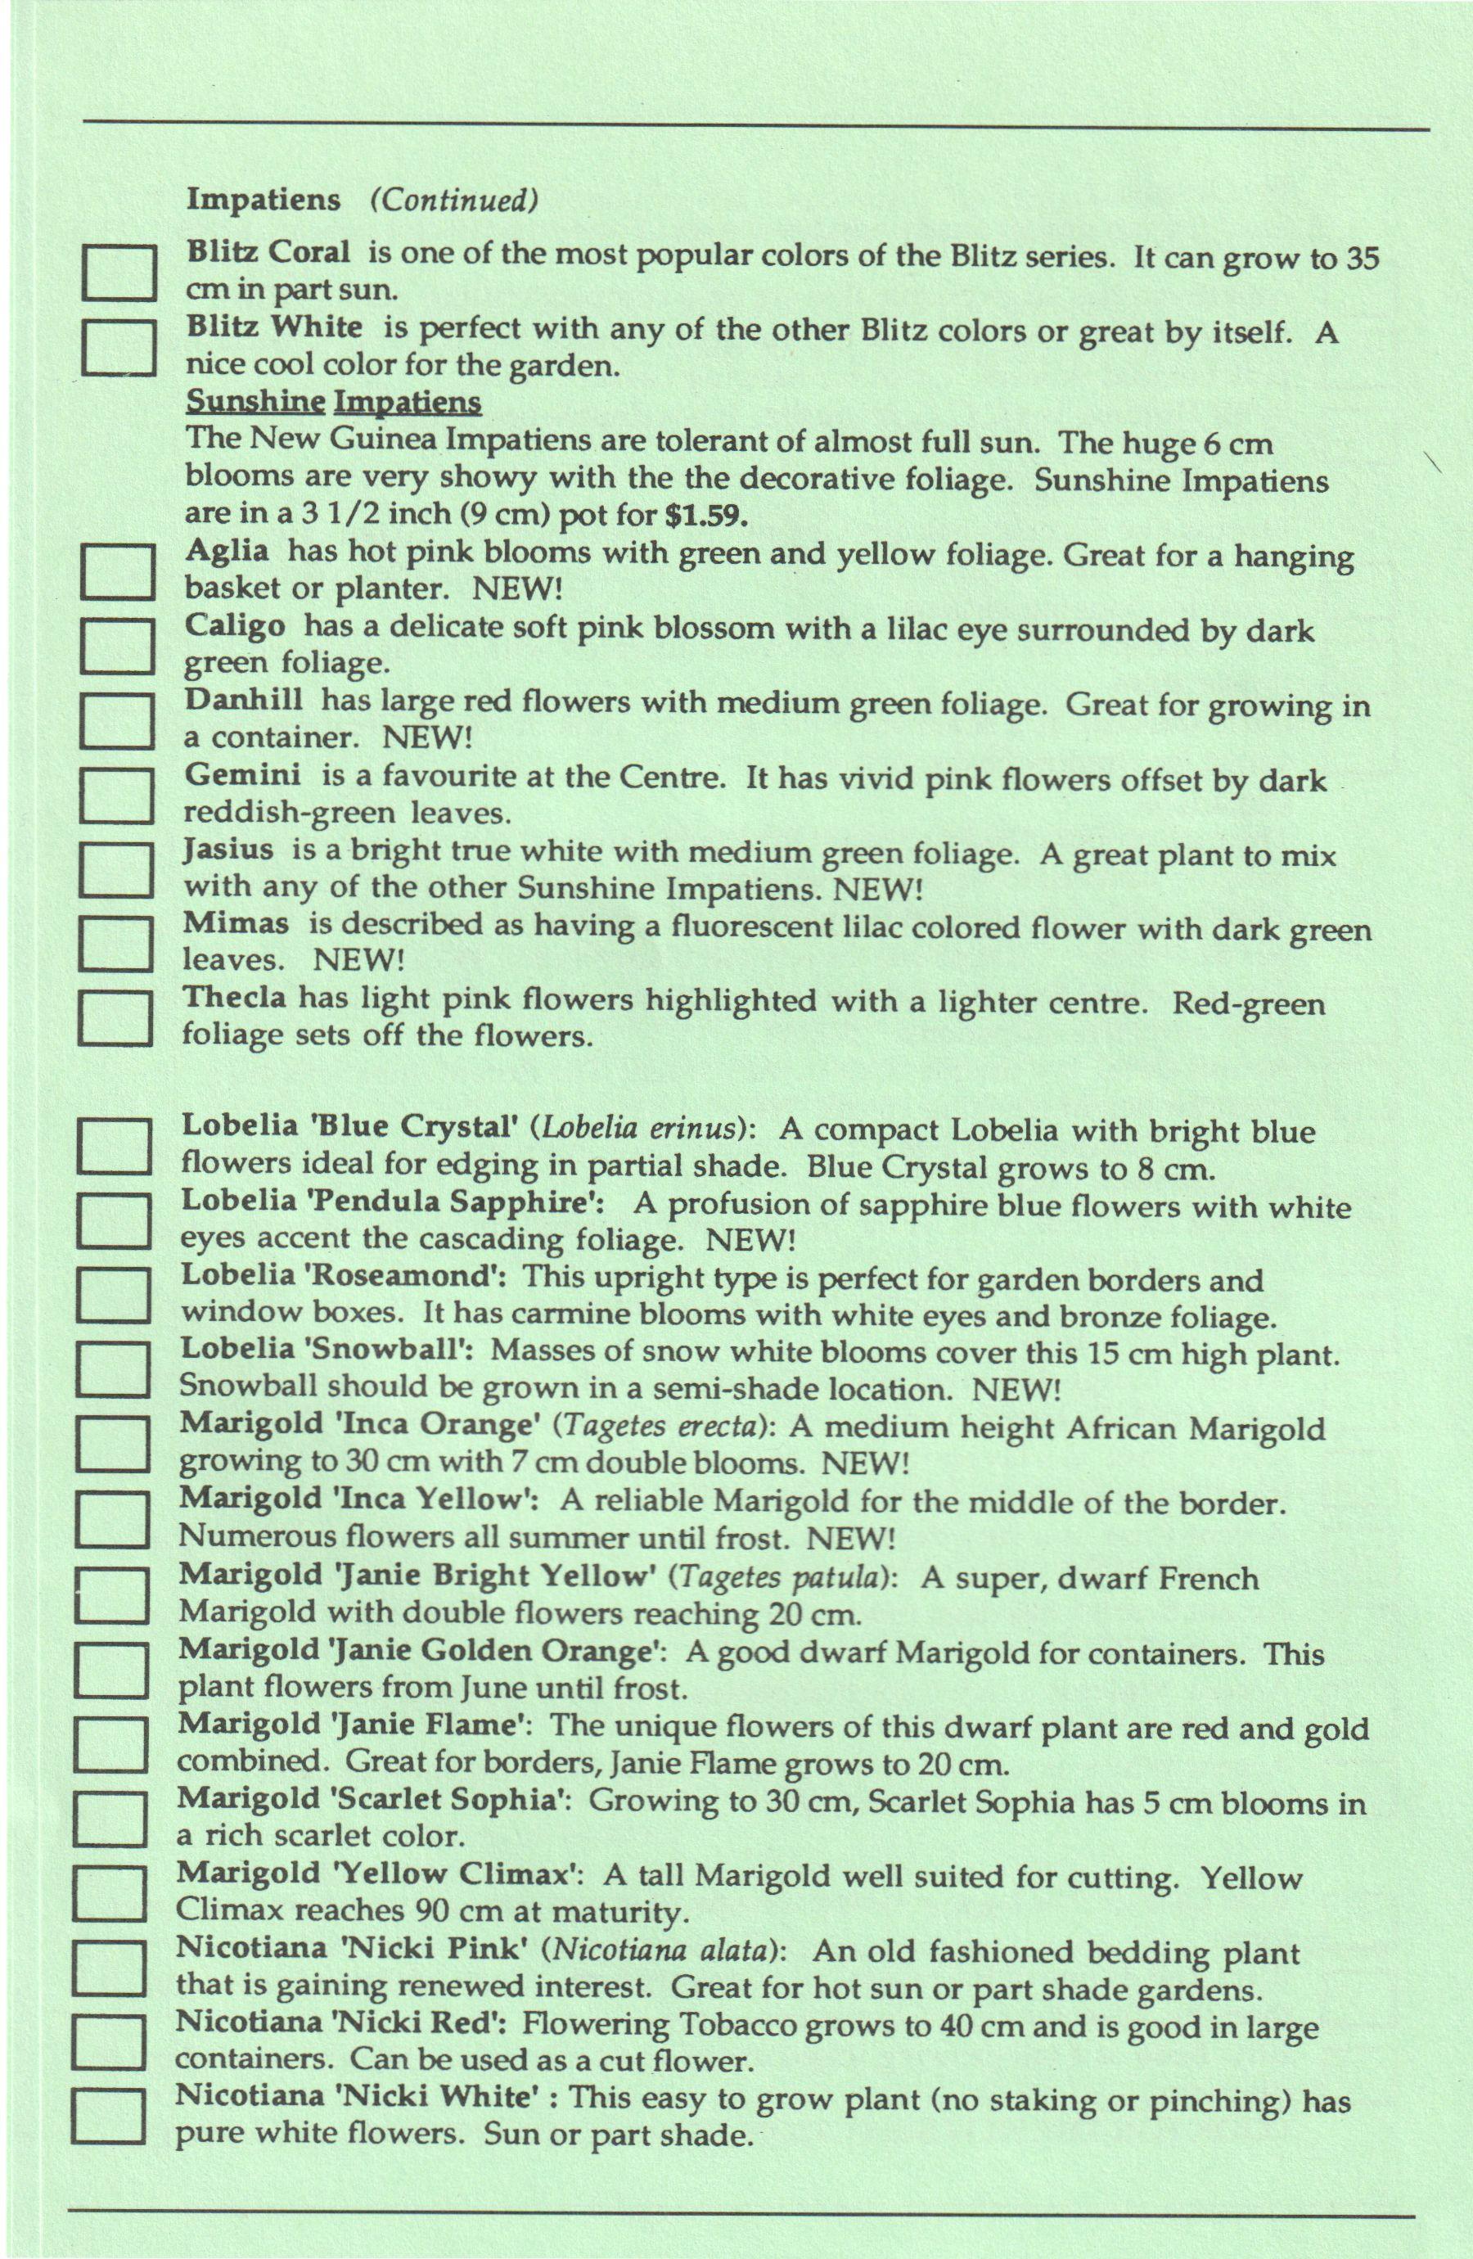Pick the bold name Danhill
click(244, 701)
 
